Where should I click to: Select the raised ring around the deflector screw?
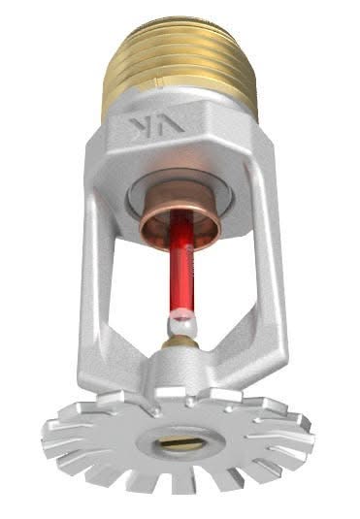tap(155, 441)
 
